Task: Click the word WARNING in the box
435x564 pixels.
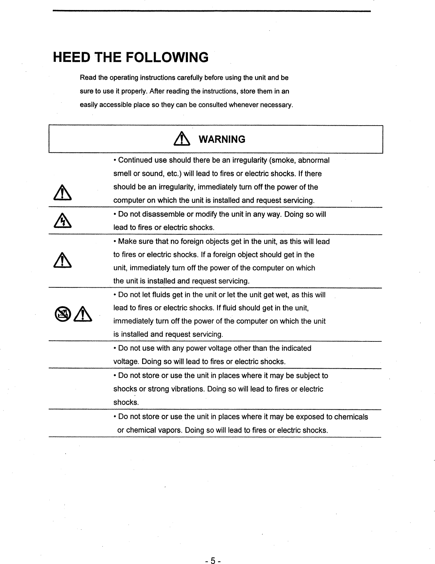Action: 222,139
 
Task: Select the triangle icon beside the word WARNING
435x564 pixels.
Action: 181,139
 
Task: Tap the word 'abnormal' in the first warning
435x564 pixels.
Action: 314,160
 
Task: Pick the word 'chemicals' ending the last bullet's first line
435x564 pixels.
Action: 351,417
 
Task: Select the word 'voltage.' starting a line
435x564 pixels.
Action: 126,362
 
